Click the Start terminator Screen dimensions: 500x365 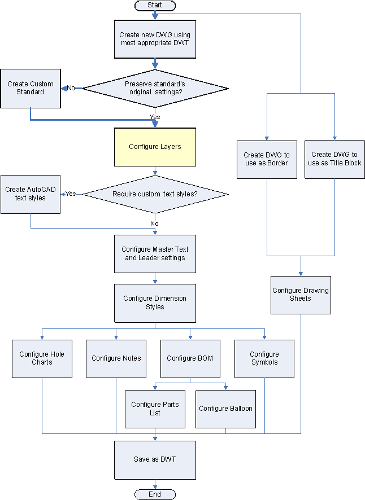pos(155,5)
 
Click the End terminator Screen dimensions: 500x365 pos(155,494)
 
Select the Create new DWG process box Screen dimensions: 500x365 pos(155,38)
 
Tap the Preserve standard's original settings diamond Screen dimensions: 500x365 pos(155,88)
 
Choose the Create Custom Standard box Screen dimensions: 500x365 pos(31,88)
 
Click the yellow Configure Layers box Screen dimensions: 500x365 pos(155,147)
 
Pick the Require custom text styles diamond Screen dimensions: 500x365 pos(155,194)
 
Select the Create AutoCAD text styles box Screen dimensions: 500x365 pos(31,194)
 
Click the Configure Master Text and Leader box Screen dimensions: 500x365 pos(155,253)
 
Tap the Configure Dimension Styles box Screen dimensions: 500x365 pos(155,302)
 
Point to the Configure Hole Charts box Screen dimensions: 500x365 pos(42,358)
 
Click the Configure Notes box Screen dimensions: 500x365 pos(116,358)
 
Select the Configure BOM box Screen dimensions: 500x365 pos(190,358)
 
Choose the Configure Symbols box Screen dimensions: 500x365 pos(264,358)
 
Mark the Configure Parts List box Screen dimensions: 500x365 pos(155,409)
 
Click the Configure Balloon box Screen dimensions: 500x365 pos(226,409)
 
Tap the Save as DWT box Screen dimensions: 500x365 pos(155,459)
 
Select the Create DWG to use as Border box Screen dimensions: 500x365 pos(267,159)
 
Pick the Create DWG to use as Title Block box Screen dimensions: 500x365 pos(334,159)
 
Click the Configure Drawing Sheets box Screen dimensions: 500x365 pos(301,295)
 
